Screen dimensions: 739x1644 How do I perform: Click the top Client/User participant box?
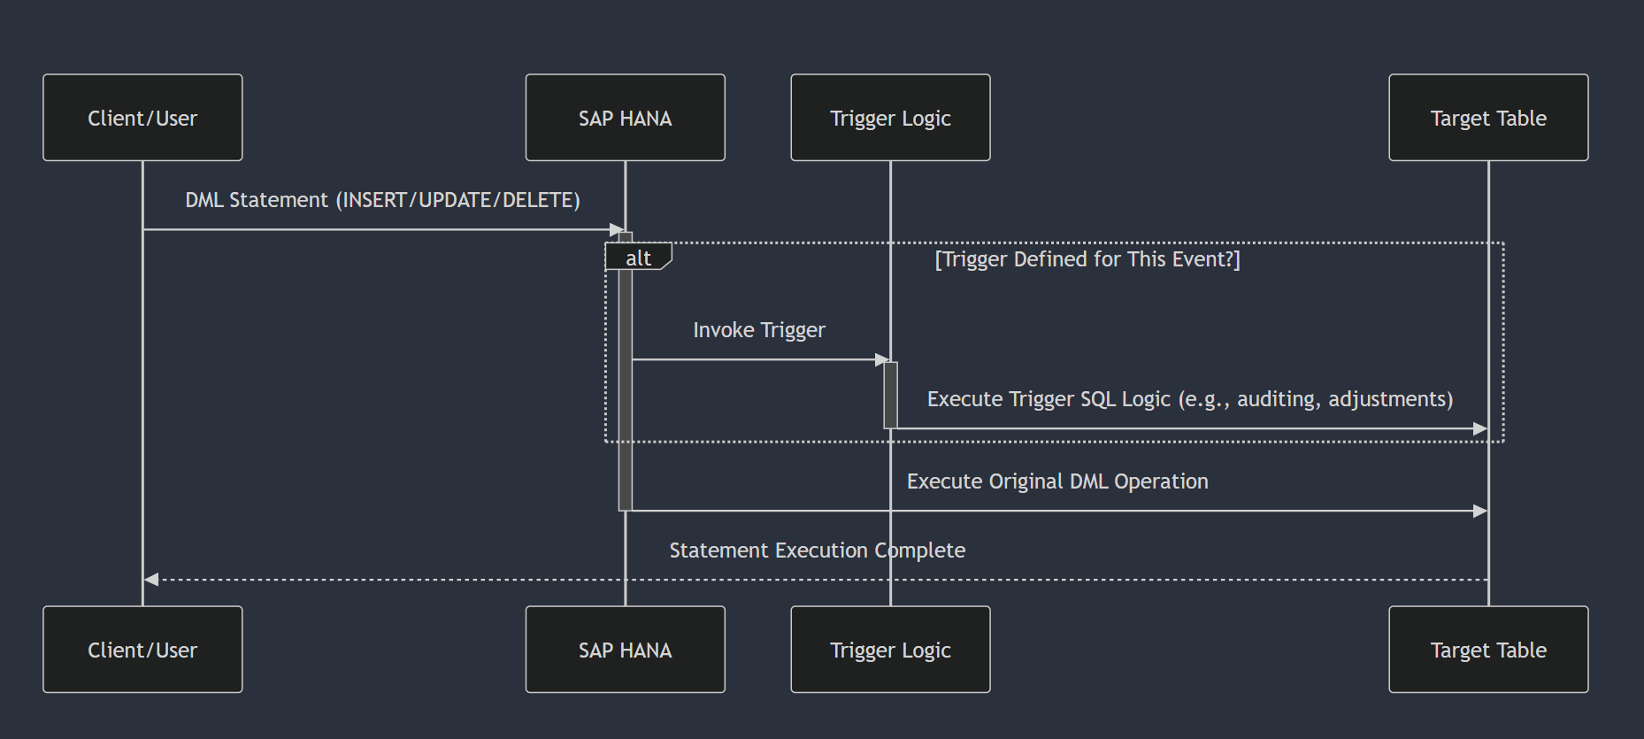coord(142,118)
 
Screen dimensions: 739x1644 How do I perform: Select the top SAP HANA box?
coord(625,118)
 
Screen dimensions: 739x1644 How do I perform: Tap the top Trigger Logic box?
coord(890,118)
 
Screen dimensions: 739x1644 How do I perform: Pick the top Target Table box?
coord(1488,118)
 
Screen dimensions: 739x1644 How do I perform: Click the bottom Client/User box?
coord(142,650)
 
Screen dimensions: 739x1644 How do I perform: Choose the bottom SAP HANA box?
coord(625,650)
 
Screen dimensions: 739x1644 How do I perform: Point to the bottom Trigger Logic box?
coord(890,650)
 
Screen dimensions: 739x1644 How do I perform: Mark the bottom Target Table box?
coord(1488,650)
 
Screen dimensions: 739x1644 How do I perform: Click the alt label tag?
coord(638,258)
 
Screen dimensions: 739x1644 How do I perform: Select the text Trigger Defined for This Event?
coord(1087,259)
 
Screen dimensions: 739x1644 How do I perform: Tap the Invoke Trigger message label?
coord(758,330)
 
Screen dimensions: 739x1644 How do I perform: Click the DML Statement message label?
coord(382,200)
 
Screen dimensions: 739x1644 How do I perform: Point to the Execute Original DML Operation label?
coord(1056,481)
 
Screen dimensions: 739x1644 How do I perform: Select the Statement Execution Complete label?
coord(817,550)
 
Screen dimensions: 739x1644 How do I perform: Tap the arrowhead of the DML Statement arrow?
coord(617,230)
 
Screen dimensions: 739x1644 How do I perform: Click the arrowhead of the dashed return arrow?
coord(151,580)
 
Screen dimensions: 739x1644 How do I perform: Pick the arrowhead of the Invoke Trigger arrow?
coord(881,360)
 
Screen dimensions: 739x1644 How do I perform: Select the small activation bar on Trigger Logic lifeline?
coord(890,395)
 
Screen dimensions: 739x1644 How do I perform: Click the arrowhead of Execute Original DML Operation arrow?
coord(1479,511)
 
